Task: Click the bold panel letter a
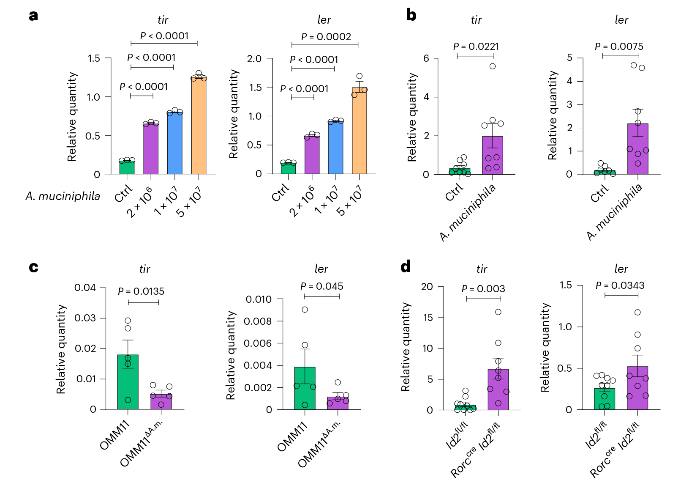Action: pyautogui.click(x=33, y=16)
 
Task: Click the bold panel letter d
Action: pyautogui.click(x=406, y=266)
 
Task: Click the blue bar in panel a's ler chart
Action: pyautogui.click(x=335, y=148)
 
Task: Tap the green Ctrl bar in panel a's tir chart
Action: pyautogui.click(x=127, y=167)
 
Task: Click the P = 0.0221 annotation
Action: pyautogui.click(x=476, y=47)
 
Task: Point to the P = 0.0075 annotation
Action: pyautogui.click(x=619, y=47)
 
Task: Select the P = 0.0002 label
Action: pyautogui.click(x=326, y=37)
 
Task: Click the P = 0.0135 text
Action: pyautogui.click(x=141, y=291)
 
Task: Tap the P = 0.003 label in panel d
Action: pyautogui.click(x=483, y=289)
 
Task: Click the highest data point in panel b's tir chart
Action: pyautogui.click(x=493, y=66)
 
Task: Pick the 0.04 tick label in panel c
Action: pyautogui.click(x=85, y=288)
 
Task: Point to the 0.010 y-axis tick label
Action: pyautogui.click(x=259, y=299)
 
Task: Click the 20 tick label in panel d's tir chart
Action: pyautogui.click(x=427, y=287)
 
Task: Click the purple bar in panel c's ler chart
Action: pyautogui.click(x=338, y=403)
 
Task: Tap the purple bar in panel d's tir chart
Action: pyautogui.click(x=498, y=390)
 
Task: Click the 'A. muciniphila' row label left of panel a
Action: pyautogui.click(x=63, y=196)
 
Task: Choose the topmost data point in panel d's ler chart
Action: pyautogui.click(x=637, y=313)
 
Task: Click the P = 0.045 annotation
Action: pyautogui.click(x=321, y=286)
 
